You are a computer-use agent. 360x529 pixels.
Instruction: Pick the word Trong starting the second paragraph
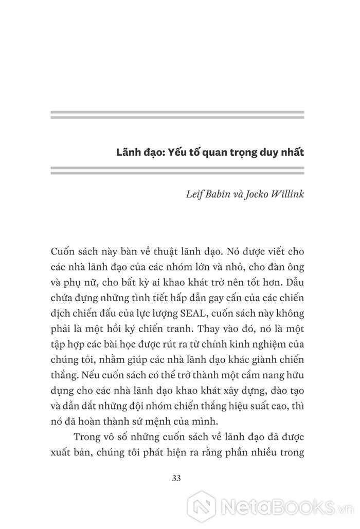point(88,436)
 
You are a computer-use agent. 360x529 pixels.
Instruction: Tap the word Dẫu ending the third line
point(295,282)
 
